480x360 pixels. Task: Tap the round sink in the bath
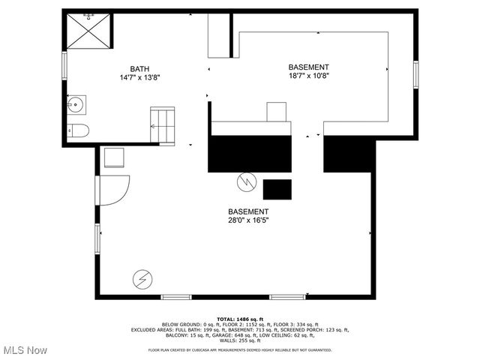coord(76,104)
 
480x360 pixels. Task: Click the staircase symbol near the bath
coord(163,124)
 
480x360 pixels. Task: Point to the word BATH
coord(139,68)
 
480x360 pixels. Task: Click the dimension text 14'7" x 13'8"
coord(139,77)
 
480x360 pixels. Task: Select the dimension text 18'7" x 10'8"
coord(309,75)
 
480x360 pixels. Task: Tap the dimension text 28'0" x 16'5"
coord(248,220)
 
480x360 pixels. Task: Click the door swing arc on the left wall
coord(114,190)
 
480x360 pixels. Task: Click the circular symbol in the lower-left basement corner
coord(142,279)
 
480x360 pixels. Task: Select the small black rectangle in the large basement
coord(277,189)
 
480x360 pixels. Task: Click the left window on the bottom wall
coord(176,297)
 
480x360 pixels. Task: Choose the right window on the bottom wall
coord(287,297)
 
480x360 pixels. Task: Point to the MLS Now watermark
coord(25,350)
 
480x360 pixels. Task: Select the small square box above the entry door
coord(114,159)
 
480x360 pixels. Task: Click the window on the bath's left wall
coord(64,64)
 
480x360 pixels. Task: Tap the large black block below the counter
coord(250,154)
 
